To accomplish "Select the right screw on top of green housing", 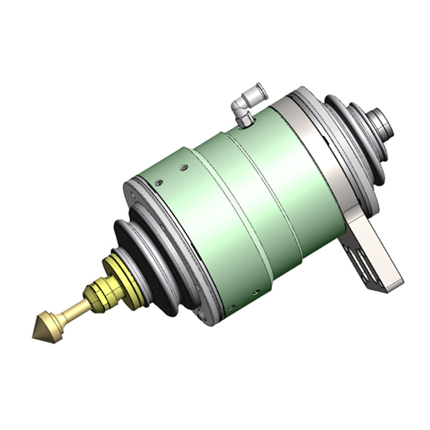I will click(184, 168).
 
